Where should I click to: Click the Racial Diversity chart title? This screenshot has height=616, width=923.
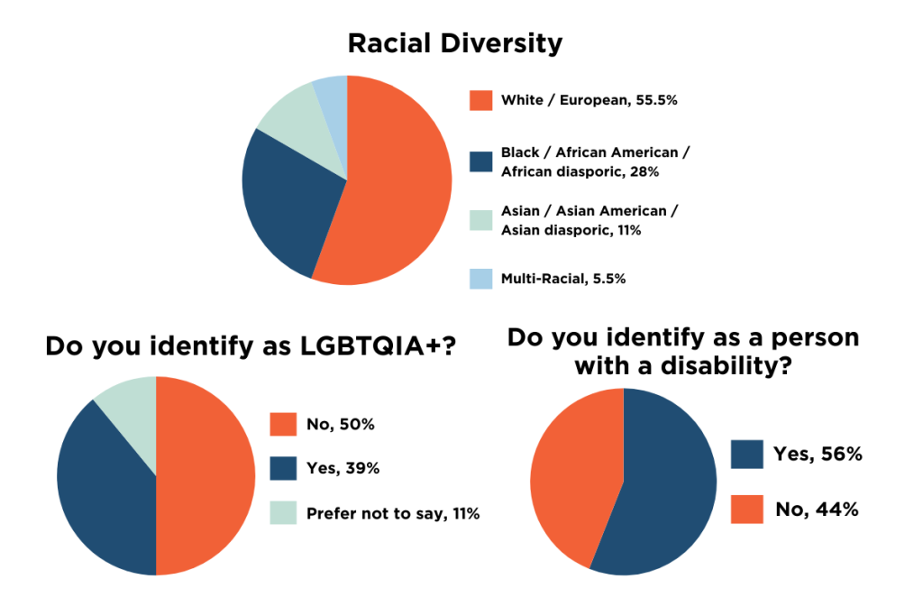454,42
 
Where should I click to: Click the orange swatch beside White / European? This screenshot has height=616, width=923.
480,100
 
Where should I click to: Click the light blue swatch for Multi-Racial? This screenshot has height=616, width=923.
480,279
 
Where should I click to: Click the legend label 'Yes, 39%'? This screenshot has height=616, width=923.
343,468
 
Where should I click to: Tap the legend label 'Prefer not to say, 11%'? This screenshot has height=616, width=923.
392,514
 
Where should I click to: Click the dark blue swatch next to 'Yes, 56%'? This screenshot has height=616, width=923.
746,455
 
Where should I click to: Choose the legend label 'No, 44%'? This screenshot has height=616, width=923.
817,510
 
